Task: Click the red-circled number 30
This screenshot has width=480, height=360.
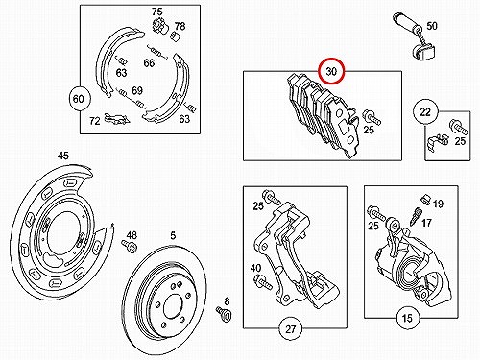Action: coord(331,71)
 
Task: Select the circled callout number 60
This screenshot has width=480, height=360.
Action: coord(79,99)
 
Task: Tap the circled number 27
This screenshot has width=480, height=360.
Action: coord(290,328)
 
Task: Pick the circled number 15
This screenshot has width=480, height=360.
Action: coord(407,319)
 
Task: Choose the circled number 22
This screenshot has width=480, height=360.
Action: coord(425,112)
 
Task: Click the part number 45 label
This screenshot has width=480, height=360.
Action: coord(63,156)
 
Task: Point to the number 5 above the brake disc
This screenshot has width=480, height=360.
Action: coord(173,236)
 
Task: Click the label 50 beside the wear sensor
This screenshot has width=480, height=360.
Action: coord(432,26)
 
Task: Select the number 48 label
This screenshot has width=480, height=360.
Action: coord(132,235)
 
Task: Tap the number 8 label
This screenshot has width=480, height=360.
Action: coord(227,301)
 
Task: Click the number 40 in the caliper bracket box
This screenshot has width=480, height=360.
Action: coord(255,268)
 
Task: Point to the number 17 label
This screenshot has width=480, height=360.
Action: coord(426,223)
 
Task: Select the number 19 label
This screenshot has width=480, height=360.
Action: coord(438,204)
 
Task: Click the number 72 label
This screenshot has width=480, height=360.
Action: coord(95,121)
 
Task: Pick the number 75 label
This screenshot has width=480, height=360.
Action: coord(157,12)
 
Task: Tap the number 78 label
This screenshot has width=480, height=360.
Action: coord(180,26)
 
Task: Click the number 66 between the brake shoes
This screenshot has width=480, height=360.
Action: coord(149,63)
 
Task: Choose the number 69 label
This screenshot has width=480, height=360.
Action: coord(137,90)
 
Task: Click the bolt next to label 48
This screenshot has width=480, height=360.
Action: coord(129,246)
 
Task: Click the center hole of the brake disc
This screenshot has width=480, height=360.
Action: coord(173,306)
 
